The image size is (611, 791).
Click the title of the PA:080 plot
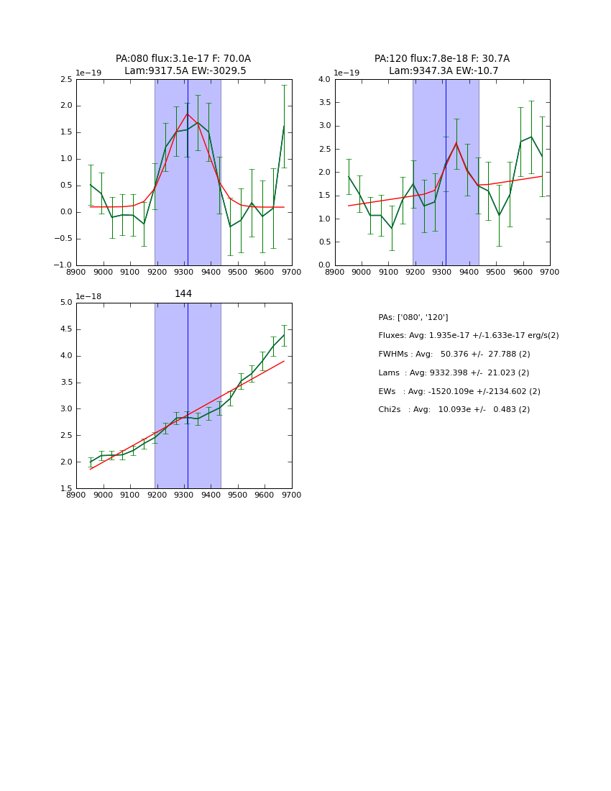pyautogui.click(x=183, y=65)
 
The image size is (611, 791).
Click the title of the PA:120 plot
pyautogui.click(x=442, y=65)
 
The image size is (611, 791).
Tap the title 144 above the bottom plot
pyautogui.click(x=183, y=293)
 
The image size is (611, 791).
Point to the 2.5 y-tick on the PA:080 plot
pyautogui.click(x=65, y=79)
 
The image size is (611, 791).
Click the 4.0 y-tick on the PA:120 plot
pyautogui.click(x=323, y=79)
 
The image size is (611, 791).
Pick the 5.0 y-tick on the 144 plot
pyautogui.click(x=65, y=303)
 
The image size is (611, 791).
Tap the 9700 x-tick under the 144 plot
pyautogui.click(x=291, y=495)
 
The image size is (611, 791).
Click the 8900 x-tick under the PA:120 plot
pyautogui.click(x=335, y=271)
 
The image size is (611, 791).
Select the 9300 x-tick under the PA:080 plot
pyautogui.click(x=184, y=271)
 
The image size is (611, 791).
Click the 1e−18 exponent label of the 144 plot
pyautogui.click(x=88, y=296)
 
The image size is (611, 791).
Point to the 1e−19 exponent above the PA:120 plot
pyautogui.click(x=347, y=73)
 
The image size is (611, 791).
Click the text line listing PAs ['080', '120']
pyautogui.click(x=413, y=317)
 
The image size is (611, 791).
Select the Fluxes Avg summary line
pyautogui.click(x=468, y=336)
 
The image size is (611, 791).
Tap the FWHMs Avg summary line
pyautogui.click(x=454, y=354)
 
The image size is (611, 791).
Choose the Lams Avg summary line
pyautogui.click(x=454, y=372)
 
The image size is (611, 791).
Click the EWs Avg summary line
pyautogui.click(x=459, y=391)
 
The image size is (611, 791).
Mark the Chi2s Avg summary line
pyautogui.click(x=454, y=409)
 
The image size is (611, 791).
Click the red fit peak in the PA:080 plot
pyautogui.click(x=187, y=114)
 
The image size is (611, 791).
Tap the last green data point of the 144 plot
pyautogui.click(x=284, y=334)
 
